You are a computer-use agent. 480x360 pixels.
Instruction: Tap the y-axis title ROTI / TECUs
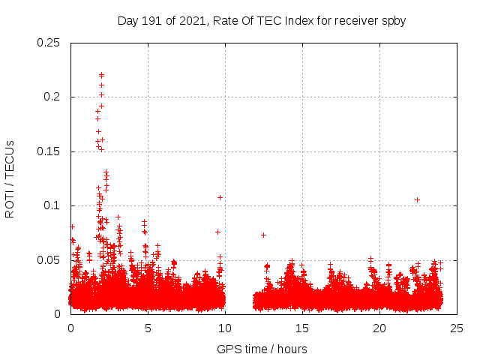coord(10,178)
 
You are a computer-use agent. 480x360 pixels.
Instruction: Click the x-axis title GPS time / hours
coord(262,349)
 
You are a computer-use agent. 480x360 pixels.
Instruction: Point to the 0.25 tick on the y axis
coord(49,43)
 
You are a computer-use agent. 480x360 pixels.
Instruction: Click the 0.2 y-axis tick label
coord(52,97)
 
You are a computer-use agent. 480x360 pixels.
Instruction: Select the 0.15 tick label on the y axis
coord(49,151)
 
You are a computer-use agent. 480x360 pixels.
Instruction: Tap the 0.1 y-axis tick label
coord(52,205)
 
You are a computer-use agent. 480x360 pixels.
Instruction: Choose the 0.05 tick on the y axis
coord(49,260)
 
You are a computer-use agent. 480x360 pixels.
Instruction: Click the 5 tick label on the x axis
coord(148,328)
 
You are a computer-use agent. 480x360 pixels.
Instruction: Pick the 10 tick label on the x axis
coord(225,328)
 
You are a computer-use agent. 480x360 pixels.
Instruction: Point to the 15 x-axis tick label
coord(302,328)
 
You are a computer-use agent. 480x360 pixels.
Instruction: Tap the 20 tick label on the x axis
coord(379,328)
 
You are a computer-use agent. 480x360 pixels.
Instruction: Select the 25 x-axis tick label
coord(457,328)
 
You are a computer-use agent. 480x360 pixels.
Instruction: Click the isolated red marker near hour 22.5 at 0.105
coord(418,199)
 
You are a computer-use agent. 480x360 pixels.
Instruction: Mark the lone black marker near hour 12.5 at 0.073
coord(263,235)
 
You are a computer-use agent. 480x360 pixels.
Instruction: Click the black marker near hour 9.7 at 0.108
coord(220,197)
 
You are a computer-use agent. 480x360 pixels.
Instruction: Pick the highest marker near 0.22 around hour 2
coord(101,75)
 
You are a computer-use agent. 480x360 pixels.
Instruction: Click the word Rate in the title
coord(233,21)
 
